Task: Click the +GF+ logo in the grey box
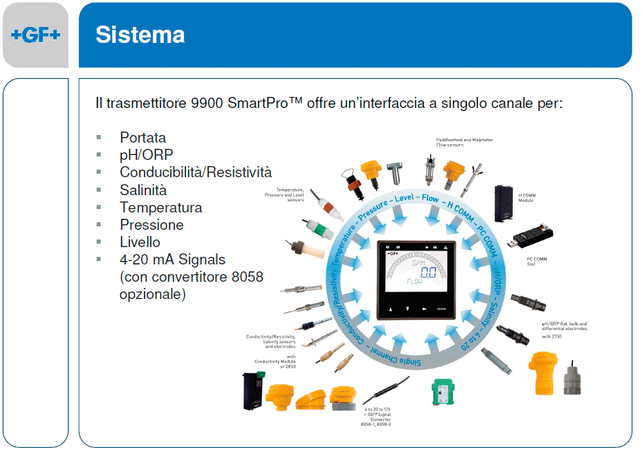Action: click(35, 35)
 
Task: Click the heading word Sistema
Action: click(140, 35)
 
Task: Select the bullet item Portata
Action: click(143, 137)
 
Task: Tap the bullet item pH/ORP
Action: click(146, 154)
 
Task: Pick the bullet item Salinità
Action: click(143, 190)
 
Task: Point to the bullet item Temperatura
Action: click(160, 207)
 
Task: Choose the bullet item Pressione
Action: click(152, 224)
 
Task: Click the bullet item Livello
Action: click(140, 242)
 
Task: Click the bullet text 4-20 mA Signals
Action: click(172, 260)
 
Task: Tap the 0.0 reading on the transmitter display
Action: click(429, 272)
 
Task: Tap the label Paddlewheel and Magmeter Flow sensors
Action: click(464, 142)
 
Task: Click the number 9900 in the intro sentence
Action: click(208, 104)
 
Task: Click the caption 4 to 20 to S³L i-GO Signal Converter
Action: click(376, 416)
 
